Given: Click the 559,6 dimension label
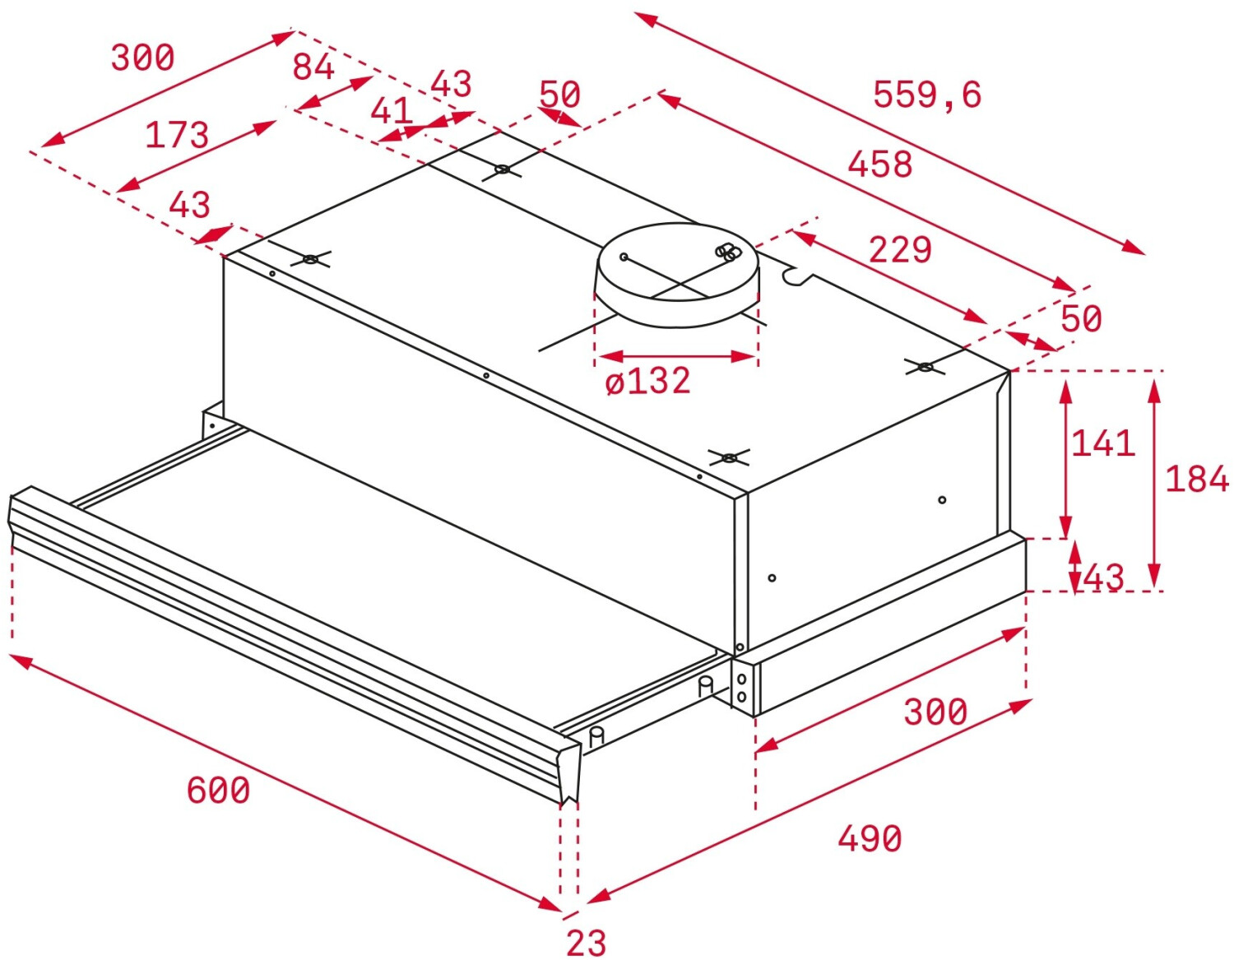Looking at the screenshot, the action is (926, 95).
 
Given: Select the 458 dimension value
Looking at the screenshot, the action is (879, 164).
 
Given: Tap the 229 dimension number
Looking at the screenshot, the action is (900, 249).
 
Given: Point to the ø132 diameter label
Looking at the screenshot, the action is (647, 381).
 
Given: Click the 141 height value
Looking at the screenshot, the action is (1102, 443).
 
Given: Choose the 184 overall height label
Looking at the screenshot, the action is (1196, 479).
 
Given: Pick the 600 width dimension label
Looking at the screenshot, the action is (218, 791).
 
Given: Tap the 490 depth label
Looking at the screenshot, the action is (870, 839).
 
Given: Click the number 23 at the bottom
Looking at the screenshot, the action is (586, 943).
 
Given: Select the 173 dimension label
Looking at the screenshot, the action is (177, 135).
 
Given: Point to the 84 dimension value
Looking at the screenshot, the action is (313, 67).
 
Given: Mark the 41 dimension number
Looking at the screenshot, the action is (390, 110).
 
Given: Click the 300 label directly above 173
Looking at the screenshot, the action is (143, 58).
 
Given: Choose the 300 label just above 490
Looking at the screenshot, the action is (935, 712).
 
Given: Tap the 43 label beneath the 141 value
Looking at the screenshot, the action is (1103, 577).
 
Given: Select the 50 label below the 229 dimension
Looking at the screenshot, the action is (1080, 318).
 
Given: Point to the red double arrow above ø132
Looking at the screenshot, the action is (676, 356).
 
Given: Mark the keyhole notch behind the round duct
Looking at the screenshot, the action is (796, 276).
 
